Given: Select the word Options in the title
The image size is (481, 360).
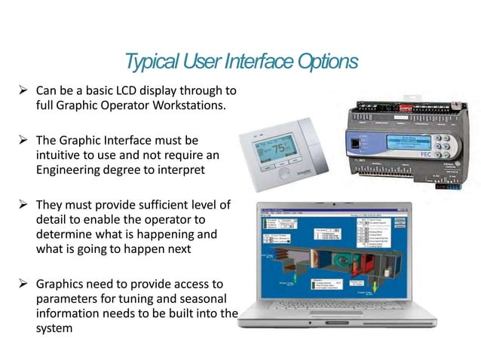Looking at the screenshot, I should pyautogui.click(x=326, y=61).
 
